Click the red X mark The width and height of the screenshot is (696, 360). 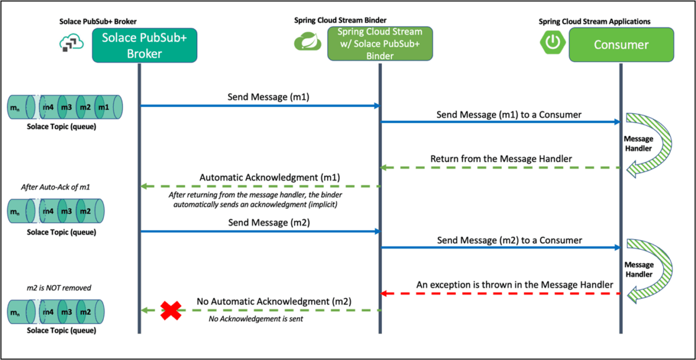[x=171, y=311]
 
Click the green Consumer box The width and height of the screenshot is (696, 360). [x=621, y=45]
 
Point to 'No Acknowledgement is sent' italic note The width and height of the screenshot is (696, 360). [x=256, y=318]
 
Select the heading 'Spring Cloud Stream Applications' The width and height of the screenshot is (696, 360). [x=594, y=21]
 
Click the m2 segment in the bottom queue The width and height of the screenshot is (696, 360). [x=85, y=312]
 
